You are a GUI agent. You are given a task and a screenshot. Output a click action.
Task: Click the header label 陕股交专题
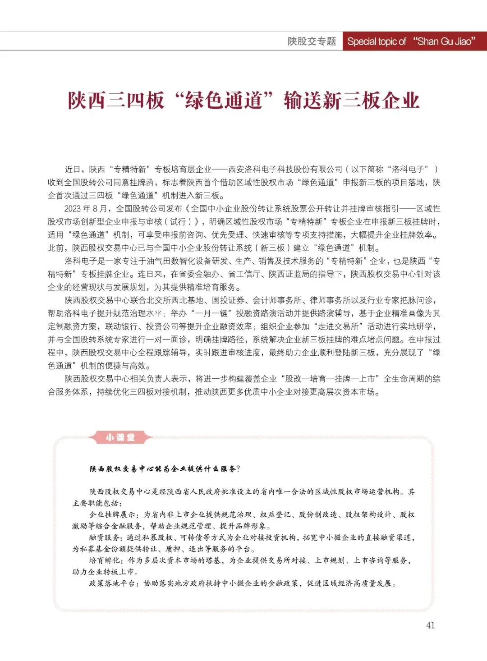coord(312,41)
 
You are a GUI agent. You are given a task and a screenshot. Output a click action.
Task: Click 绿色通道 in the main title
coord(224,100)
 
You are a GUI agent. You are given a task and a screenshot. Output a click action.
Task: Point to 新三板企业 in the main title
coord(352,100)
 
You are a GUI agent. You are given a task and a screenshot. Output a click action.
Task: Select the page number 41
coord(430,625)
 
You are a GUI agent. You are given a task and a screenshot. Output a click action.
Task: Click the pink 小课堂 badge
coord(120,437)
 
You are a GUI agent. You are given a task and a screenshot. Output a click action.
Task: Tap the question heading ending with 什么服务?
coord(165,469)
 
